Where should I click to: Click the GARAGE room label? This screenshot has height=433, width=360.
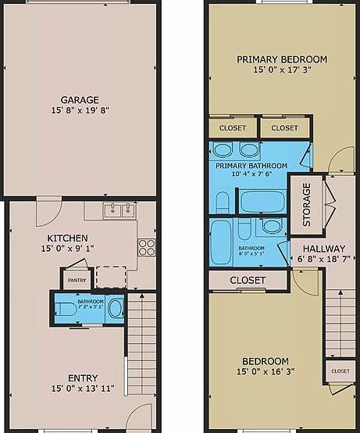tap(80, 100)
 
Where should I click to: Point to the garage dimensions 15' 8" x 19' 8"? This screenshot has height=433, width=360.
tap(80, 111)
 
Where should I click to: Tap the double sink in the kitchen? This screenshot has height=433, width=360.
tap(119, 209)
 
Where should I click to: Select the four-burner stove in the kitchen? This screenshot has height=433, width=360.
tap(145, 247)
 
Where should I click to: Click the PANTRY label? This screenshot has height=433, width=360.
tap(77, 280)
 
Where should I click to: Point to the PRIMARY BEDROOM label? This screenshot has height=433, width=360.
tap(282, 59)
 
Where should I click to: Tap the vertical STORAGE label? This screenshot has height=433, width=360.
tap(307, 205)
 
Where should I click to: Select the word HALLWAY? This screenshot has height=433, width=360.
tap(324, 249)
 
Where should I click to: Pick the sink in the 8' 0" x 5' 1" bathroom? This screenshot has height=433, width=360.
tap(272, 227)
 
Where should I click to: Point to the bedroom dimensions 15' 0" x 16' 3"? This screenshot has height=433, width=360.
tap(265, 372)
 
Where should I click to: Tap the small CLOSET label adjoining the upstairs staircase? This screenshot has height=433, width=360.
tap(340, 371)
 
